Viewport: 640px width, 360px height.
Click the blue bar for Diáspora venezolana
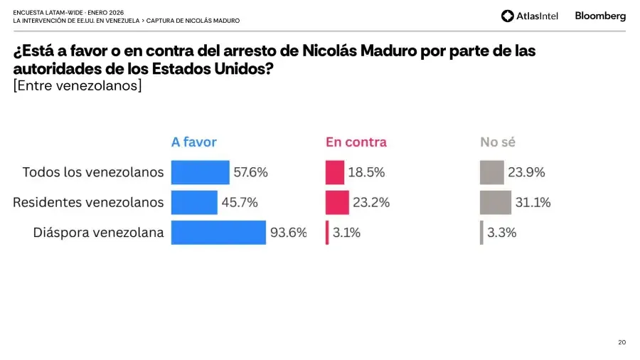(x=218, y=233)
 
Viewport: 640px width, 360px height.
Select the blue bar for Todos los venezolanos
(x=201, y=172)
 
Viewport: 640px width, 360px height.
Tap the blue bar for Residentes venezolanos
(x=194, y=202)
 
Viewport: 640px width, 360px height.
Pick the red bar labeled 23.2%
(x=337, y=202)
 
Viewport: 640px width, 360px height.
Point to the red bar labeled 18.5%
(x=335, y=172)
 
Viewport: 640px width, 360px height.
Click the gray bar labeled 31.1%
(x=495, y=202)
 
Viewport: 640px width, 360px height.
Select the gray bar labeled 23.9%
(x=491, y=172)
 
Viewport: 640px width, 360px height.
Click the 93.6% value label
(x=288, y=233)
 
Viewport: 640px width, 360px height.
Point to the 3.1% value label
(x=347, y=233)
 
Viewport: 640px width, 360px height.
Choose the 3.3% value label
(x=502, y=233)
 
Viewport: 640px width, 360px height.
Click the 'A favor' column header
(x=193, y=142)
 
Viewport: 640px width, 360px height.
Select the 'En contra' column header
(x=356, y=142)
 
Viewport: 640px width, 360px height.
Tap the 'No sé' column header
(x=497, y=142)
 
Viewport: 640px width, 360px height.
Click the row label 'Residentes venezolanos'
(x=88, y=202)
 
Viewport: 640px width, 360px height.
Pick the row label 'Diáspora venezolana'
(x=98, y=233)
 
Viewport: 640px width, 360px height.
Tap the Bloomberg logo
(x=600, y=16)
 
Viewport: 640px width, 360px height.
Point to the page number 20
(x=622, y=343)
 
